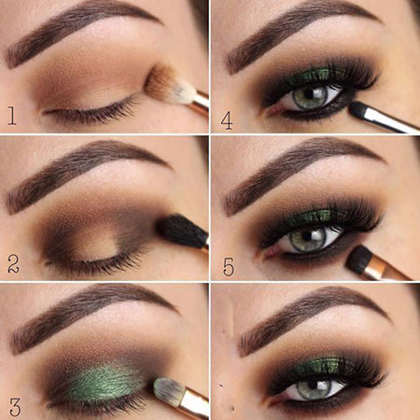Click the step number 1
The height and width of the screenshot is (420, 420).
[12, 116]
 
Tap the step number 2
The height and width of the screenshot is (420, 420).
[13, 264]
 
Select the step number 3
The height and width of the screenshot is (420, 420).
[15, 407]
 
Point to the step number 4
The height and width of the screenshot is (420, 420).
[227, 121]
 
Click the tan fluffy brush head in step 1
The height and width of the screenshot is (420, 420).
[161, 83]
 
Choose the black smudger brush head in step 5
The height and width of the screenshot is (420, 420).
[359, 259]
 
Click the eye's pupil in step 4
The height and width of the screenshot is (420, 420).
[309, 93]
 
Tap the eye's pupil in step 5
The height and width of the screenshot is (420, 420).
[306, 236]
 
